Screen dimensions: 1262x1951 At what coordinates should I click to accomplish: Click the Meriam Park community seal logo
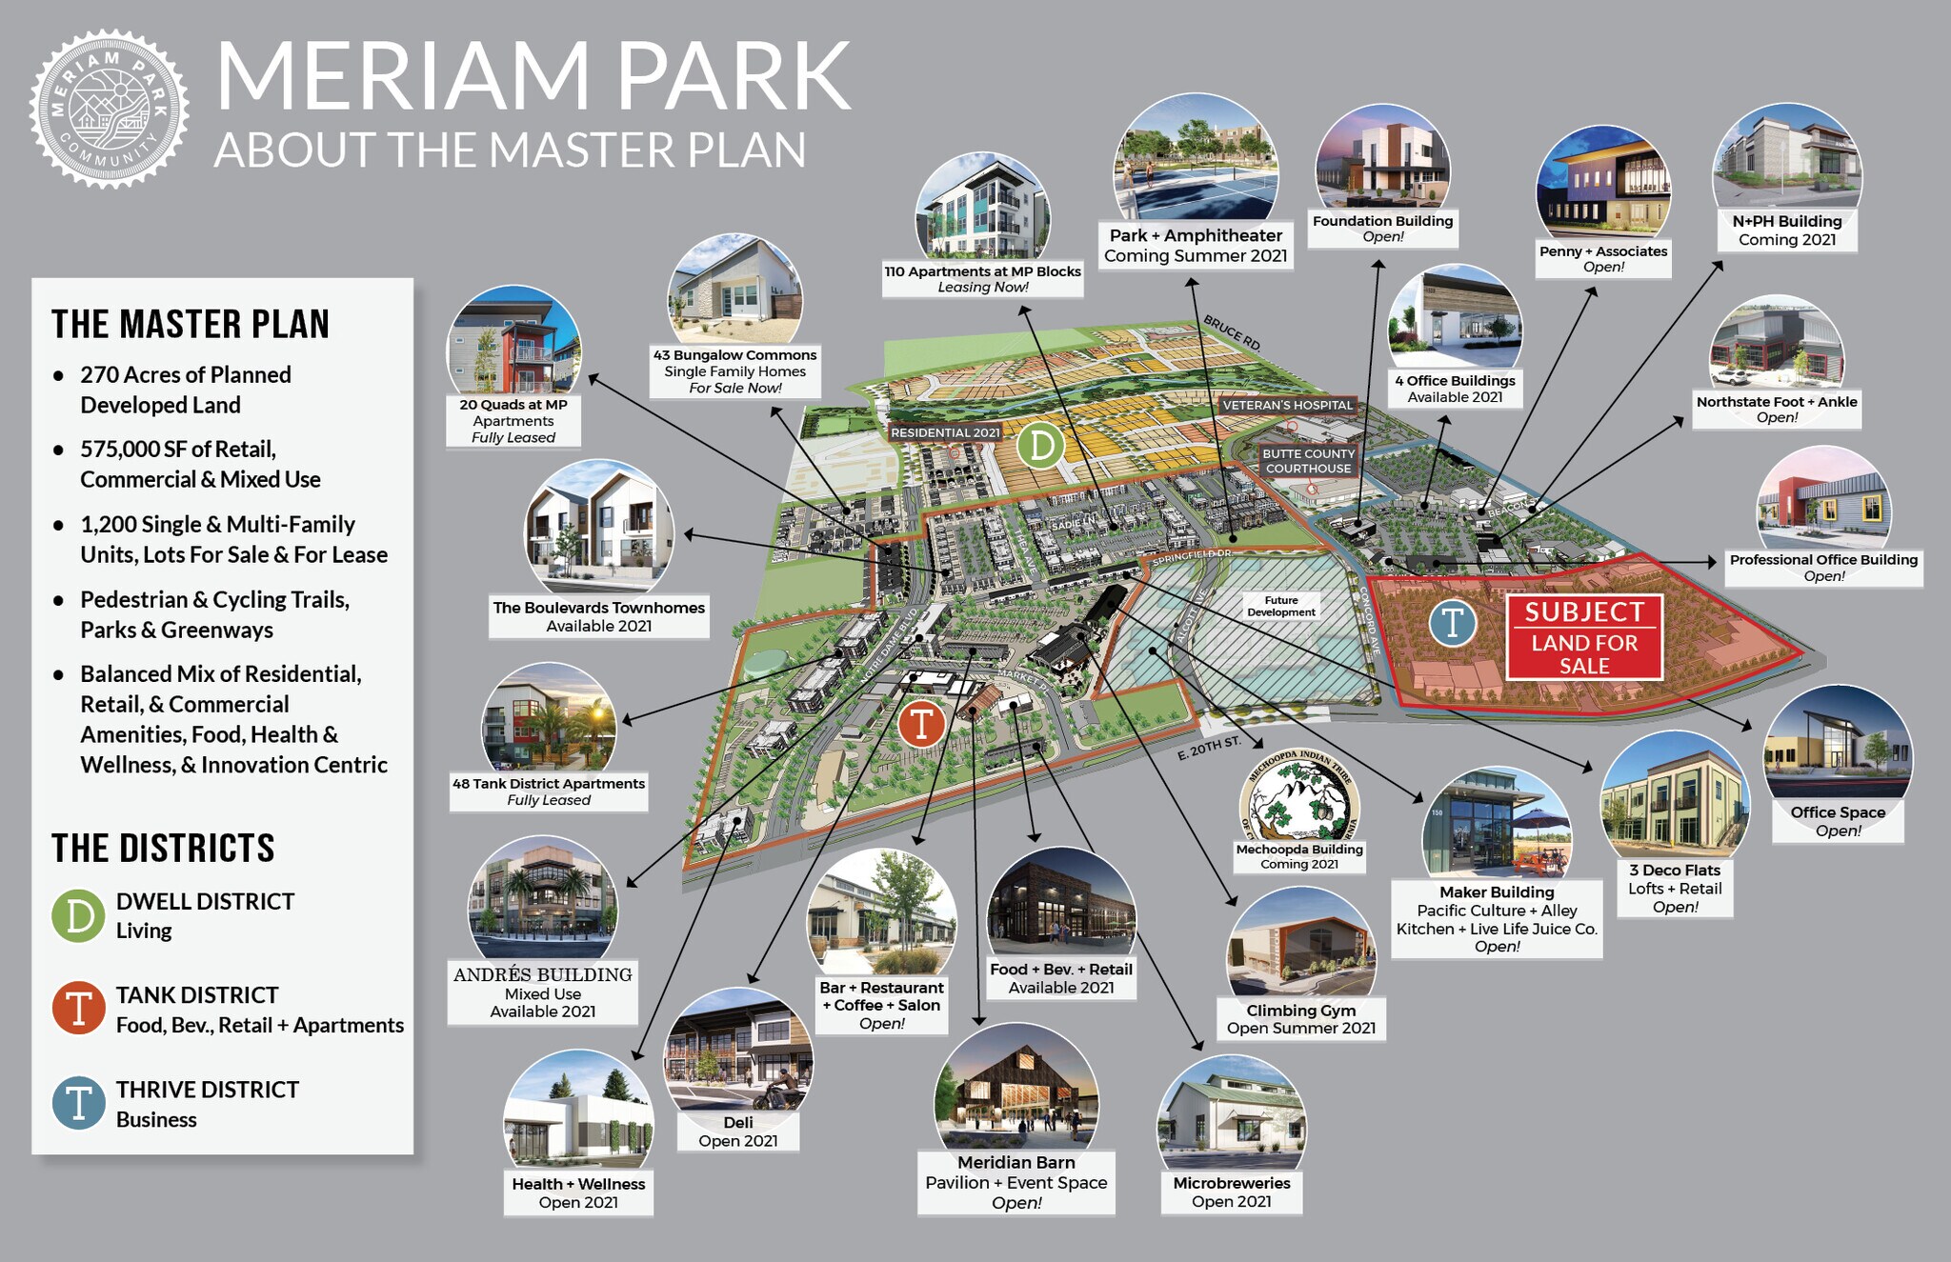click(x=109, y=109)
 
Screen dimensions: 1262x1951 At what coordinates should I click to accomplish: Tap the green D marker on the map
click(x=1040, y=445)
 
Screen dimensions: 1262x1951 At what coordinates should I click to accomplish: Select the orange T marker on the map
click(x=921, y=724)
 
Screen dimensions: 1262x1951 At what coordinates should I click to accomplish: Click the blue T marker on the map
click(x=1453, y=623)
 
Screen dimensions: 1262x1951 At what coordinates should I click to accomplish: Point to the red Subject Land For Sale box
click(x=1584, y=637)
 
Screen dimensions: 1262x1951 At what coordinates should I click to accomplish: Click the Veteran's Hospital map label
click(x=1287, y=405)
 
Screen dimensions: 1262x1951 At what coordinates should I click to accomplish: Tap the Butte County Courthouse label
click(x=1308, y=461)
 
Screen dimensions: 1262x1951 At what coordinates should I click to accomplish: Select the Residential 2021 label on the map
click(x=945, y=432)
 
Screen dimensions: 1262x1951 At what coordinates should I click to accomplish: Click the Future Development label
click(x=1281, y=606)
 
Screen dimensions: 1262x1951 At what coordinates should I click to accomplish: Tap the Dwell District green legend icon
click(x=78, y=915)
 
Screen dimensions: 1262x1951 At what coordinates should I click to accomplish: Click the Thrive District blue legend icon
click(x=78, y=1103)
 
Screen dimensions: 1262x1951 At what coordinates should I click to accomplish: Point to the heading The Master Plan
click(x=191, y=324)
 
